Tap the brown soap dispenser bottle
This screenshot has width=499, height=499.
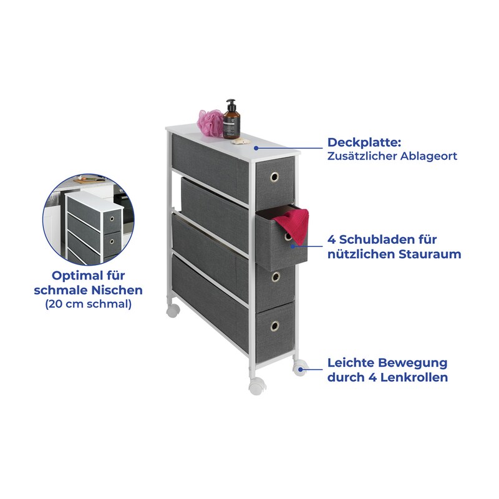(231, 120)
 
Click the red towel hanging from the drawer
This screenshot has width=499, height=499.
(293, 225)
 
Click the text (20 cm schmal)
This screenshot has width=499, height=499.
(88, 305)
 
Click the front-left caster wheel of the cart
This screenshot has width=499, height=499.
(256, 386)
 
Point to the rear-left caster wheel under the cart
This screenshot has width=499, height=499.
(173, 309)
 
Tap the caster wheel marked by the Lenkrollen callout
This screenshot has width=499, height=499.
(299, 368)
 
